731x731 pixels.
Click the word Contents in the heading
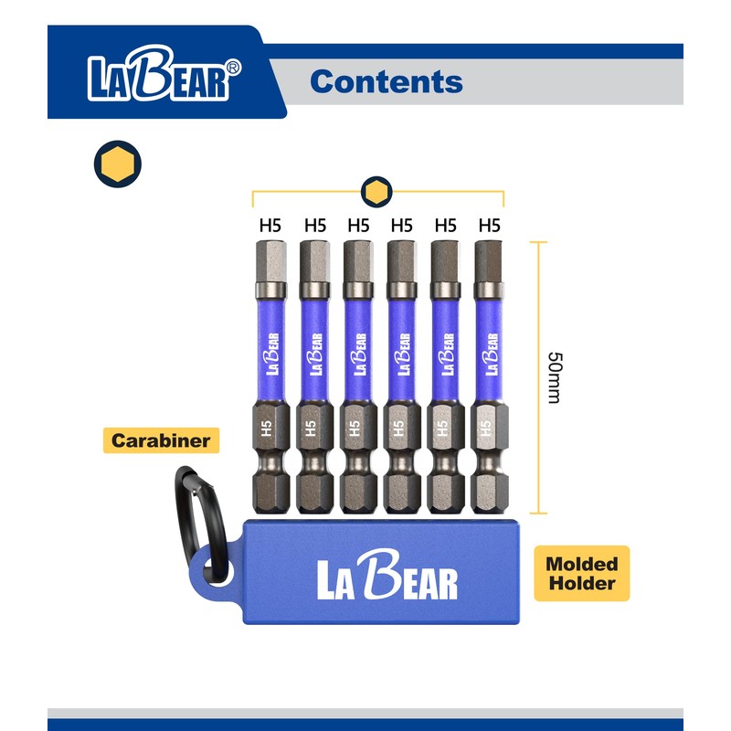pos(386,81)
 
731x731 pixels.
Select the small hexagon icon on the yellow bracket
pos(376,192)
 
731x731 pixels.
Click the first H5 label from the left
pos(271,224)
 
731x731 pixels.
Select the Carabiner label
pos(161,441)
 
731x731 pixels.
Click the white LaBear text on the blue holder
pos(387,577)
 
